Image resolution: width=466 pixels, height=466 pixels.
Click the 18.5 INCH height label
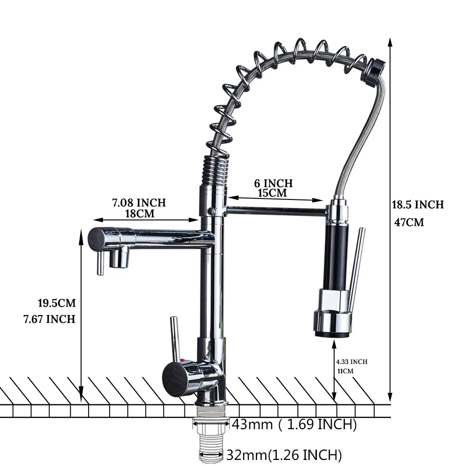click(418, 205)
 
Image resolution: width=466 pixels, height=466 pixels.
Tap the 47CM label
click(409, 222)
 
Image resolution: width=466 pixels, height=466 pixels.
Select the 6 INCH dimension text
click(273, 183)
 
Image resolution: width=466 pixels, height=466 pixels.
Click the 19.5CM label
click(56, 303)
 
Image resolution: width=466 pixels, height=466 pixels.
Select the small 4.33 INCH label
click(352, 362)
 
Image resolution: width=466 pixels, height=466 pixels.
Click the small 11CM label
click(345, 371)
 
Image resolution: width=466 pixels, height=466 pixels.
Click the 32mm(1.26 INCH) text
click(284, 454)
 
